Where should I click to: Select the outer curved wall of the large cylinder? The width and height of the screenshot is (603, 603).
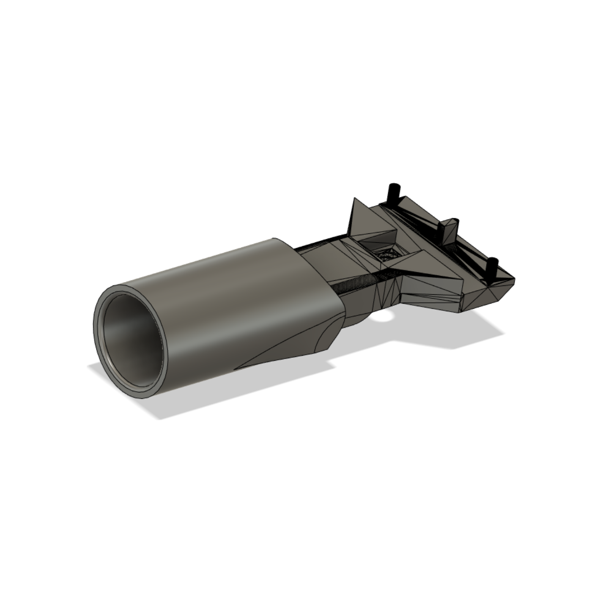click(x=237, y=304)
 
